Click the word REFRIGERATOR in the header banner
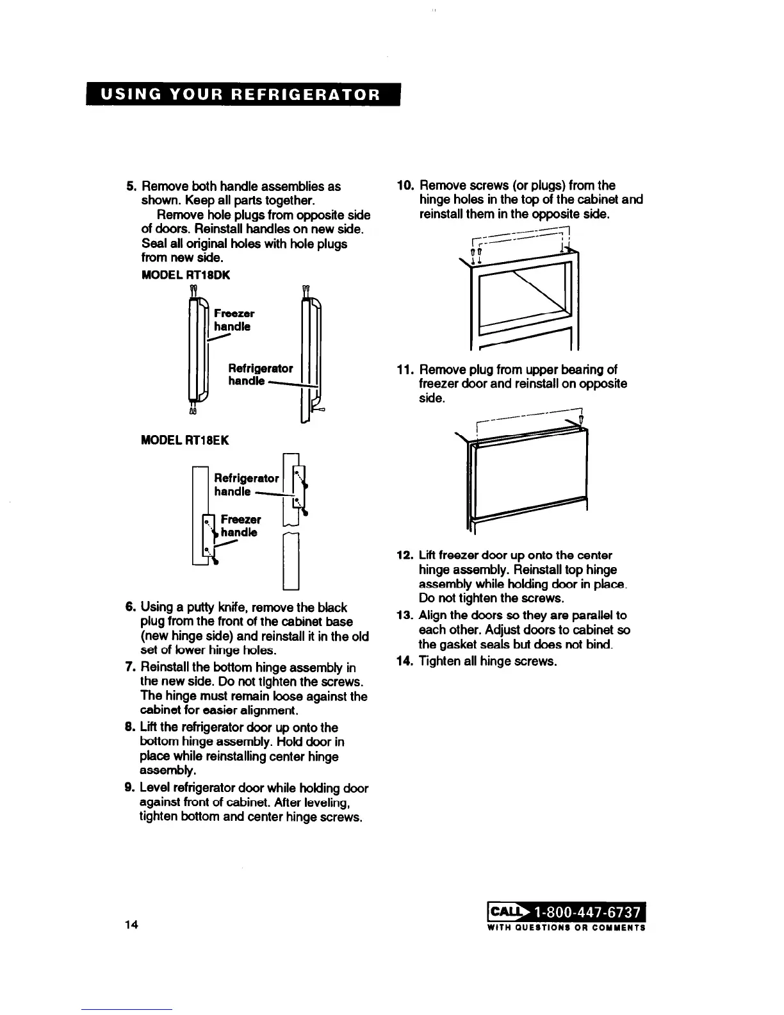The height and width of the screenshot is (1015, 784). pos(310,95)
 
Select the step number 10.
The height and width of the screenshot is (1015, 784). pos(405,186)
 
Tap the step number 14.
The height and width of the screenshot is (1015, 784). pos(405,661)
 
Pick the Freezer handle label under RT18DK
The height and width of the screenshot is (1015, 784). pos(233,320)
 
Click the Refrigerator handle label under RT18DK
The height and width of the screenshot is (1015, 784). pos(260,374)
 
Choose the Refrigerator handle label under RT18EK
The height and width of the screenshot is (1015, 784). pos(245,484)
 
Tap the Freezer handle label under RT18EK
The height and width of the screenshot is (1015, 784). pos(240,525)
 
